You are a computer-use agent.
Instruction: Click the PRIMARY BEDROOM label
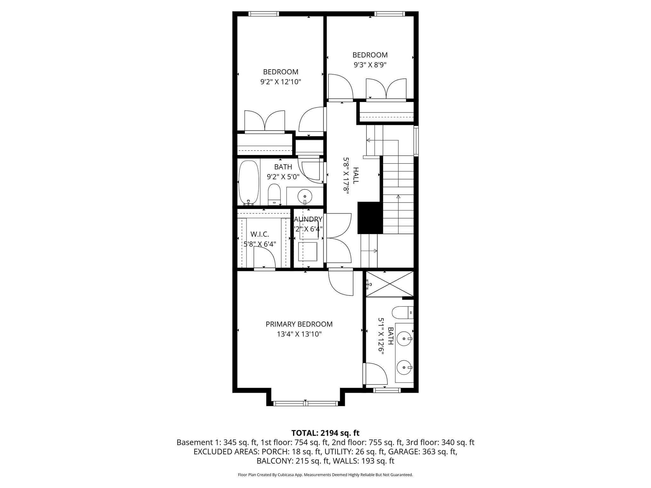tap(299, 324)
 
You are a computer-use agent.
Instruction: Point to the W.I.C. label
tap(260, 234)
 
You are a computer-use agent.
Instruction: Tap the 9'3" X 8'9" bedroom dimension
tap(370, 65)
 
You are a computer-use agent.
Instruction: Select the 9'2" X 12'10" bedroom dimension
tap(280, 82)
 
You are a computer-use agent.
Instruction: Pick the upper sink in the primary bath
tap(404, 339)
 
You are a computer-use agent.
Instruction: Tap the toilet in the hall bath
tap(274, 195)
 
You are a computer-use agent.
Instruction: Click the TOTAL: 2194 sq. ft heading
tap(325, 433)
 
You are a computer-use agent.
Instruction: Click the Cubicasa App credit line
tap(325, 475)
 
